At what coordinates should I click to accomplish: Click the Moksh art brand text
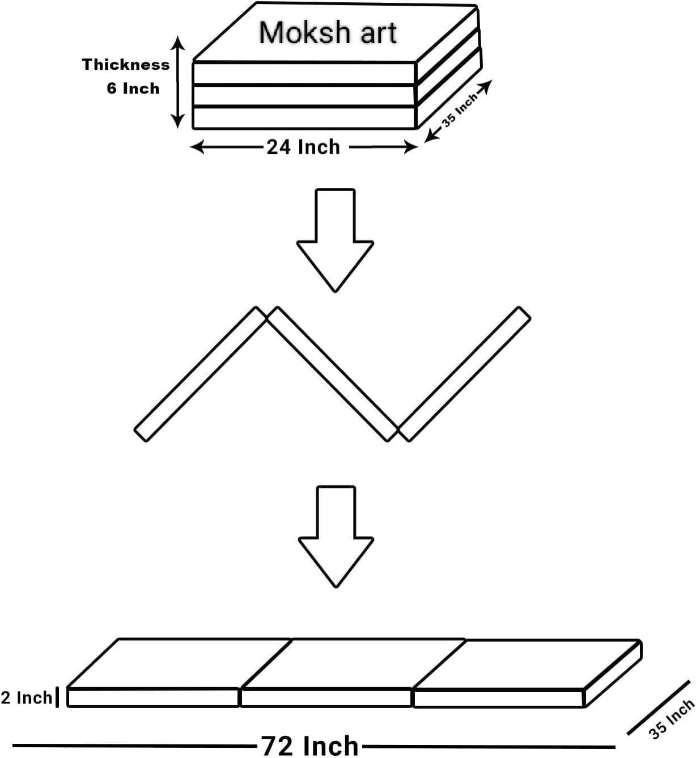(x=328, y=33)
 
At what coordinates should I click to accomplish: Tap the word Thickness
(x=126, y=65)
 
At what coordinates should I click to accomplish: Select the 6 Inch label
(x=133, y=89)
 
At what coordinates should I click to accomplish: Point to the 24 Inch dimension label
(x=303, y=147)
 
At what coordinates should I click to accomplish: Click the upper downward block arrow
(x=335, y=238)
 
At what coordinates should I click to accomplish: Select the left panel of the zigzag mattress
(x=200, y=374)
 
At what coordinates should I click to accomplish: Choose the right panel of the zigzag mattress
(x=464, y=374)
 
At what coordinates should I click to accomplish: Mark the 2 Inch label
(x=26, y=697)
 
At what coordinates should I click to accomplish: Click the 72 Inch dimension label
(x=310, y=745)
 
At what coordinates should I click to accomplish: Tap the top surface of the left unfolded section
(x=179, y=663)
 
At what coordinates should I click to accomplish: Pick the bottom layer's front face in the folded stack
(x=305, y=117)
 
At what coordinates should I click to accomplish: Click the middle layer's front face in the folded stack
(x=305, y=95)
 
